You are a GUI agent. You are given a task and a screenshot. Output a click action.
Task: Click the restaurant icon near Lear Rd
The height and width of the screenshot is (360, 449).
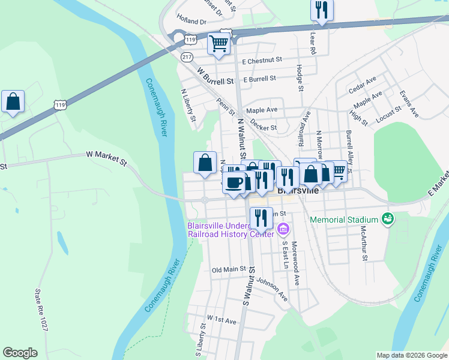coord(322,10)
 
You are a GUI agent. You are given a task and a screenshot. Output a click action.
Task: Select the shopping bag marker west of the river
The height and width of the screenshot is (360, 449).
coord(13,102)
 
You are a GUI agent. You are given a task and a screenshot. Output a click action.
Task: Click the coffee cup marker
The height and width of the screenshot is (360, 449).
coord(234,181)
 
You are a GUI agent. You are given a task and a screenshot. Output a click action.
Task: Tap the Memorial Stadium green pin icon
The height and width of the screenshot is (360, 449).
coord(388,219)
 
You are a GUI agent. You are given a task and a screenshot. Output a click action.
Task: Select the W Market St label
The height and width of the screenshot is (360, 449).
coord(107,158)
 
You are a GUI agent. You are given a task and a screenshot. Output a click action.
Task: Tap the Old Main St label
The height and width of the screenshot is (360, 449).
coord(229,269)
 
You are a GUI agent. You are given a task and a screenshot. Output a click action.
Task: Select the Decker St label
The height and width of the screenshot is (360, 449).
coord(264,125)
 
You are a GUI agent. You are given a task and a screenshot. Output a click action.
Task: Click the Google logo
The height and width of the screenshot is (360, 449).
coord(20,353)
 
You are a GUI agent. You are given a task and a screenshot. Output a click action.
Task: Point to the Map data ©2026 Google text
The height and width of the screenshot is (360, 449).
coord(411,355)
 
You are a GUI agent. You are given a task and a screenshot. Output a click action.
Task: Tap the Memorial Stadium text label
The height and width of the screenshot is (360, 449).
coord(344,220)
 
